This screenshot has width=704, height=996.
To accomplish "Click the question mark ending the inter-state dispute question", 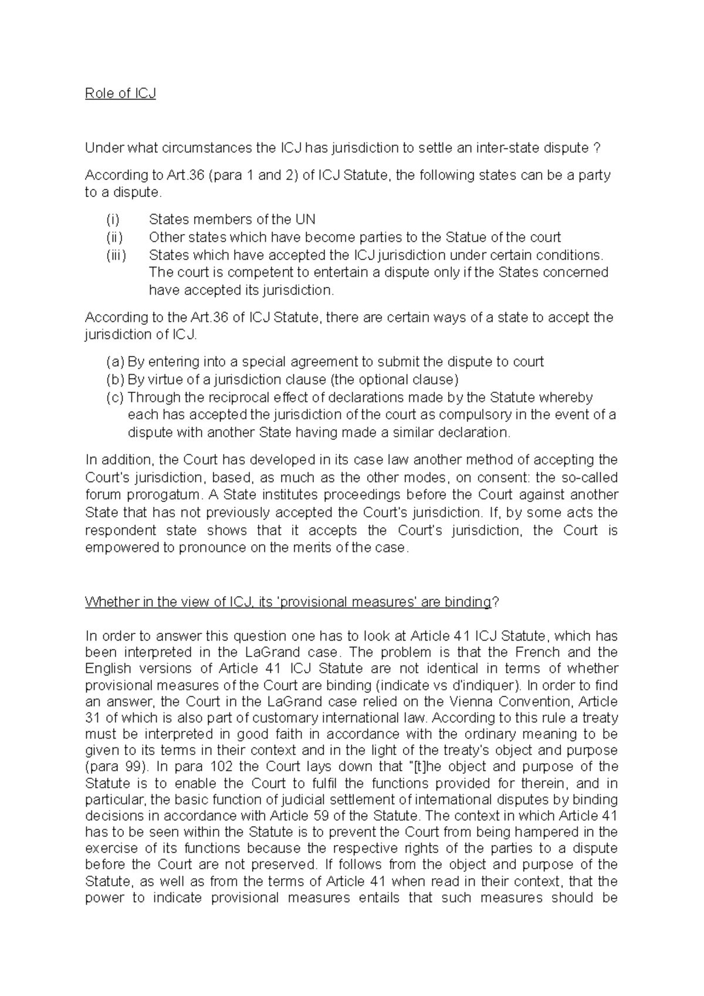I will click(597, 148).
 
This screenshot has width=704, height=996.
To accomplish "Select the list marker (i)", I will click(113, 219).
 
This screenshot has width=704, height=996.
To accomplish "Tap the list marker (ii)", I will click(114, 237).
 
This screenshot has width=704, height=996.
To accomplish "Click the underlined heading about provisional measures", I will click(287, 602).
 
